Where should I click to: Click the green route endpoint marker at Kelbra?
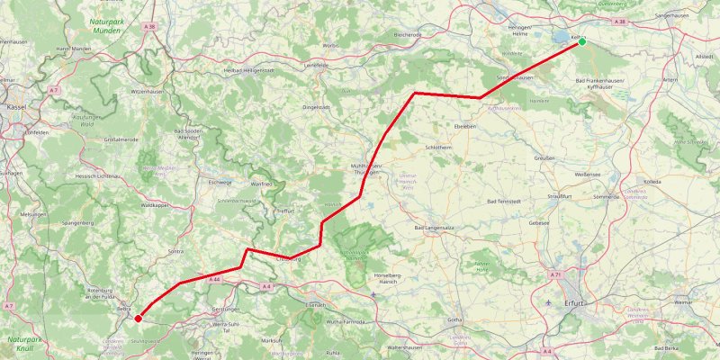[x=582, y=41]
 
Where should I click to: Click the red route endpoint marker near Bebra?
[x=138, y=318]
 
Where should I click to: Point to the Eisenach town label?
[x=315, y=305]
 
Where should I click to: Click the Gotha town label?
[x=454, y=319]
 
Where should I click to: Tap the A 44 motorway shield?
[x=215, y=280]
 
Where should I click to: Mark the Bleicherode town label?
[x=408, y=34]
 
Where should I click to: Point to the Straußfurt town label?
[x=561, y=195]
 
